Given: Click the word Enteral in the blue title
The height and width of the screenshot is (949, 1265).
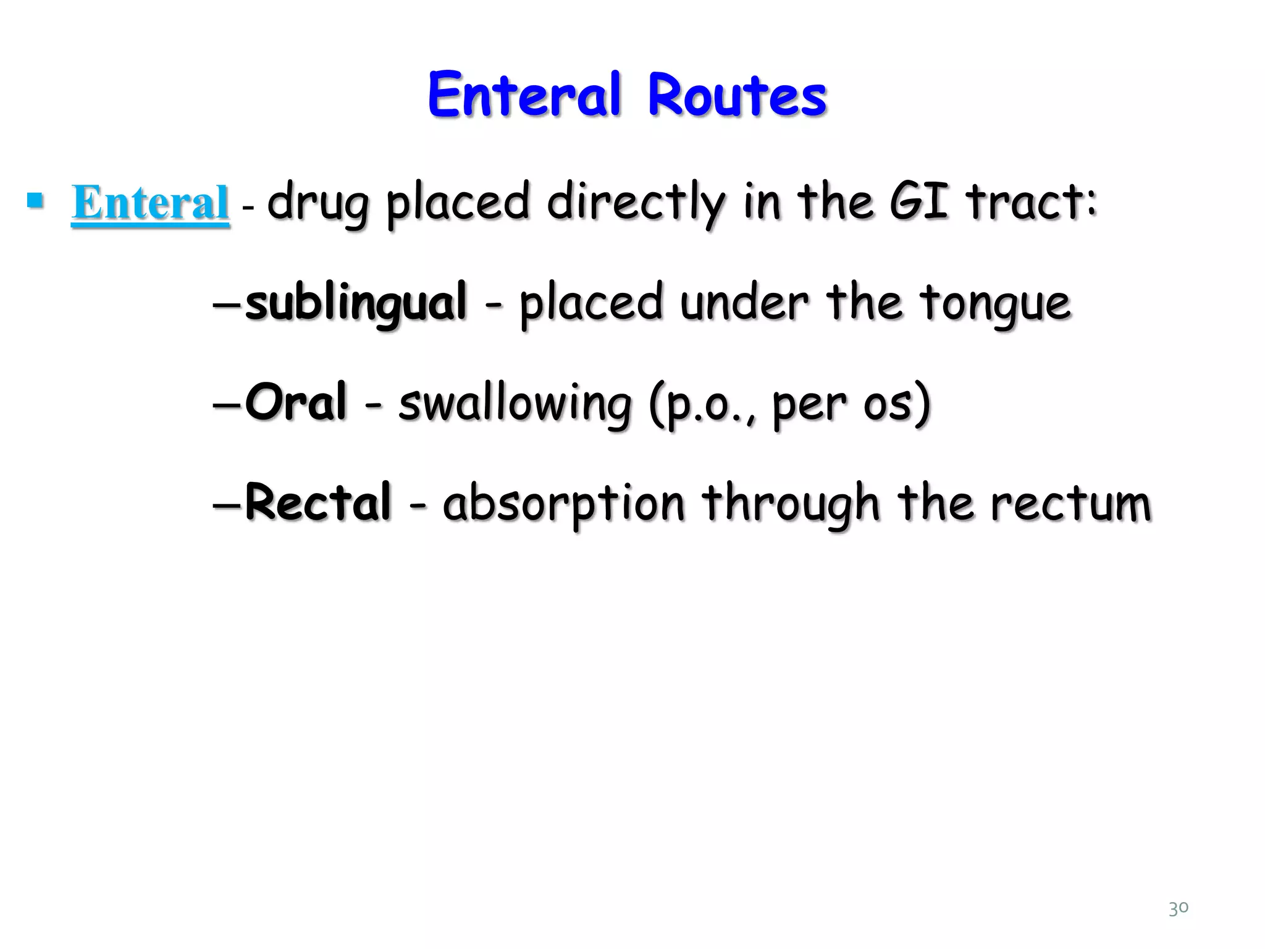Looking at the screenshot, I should click(x=524, y=96).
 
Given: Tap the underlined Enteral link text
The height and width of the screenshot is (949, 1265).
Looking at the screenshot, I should click(x=150, y=203).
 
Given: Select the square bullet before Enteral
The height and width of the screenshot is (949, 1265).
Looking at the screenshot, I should click(x=35, y=200).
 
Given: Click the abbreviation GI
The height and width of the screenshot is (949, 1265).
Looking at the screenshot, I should click(x=918, y=201).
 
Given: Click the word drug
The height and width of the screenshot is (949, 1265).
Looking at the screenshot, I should click(x=317, y=204).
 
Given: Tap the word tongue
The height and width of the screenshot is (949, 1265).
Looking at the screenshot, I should click(x=994, y=304).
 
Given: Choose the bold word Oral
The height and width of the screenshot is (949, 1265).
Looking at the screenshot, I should click(x=296, y=402).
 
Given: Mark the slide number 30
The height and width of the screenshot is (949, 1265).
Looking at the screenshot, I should click(x=1178, y=908).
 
